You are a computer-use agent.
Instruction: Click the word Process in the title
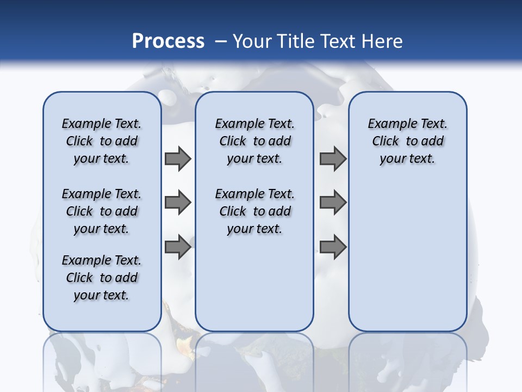click(x=168, y=41)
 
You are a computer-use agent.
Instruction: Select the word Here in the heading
click(x=383, y=41)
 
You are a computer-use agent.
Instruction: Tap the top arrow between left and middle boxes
click(x=178, y=158)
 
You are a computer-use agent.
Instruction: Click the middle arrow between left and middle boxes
click(x=178, y=203)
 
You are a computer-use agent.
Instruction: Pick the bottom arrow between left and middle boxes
click(x=178, y=247)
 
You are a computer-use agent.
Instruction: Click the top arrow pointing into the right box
click(x=333, y=158)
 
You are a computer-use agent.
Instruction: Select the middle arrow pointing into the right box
click(x=333, y=203)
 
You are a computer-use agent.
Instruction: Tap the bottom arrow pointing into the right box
click(x=333, y=247)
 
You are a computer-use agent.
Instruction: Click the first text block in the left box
click(x=102, y=141)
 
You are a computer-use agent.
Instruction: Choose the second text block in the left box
click(x=102, y=211)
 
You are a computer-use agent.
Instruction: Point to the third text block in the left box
click(x=102, y=278)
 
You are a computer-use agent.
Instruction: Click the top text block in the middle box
click(x=254, y=141)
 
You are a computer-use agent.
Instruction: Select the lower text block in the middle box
click(x=254, y=211)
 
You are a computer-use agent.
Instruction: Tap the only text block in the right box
click(x=407, y=141)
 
